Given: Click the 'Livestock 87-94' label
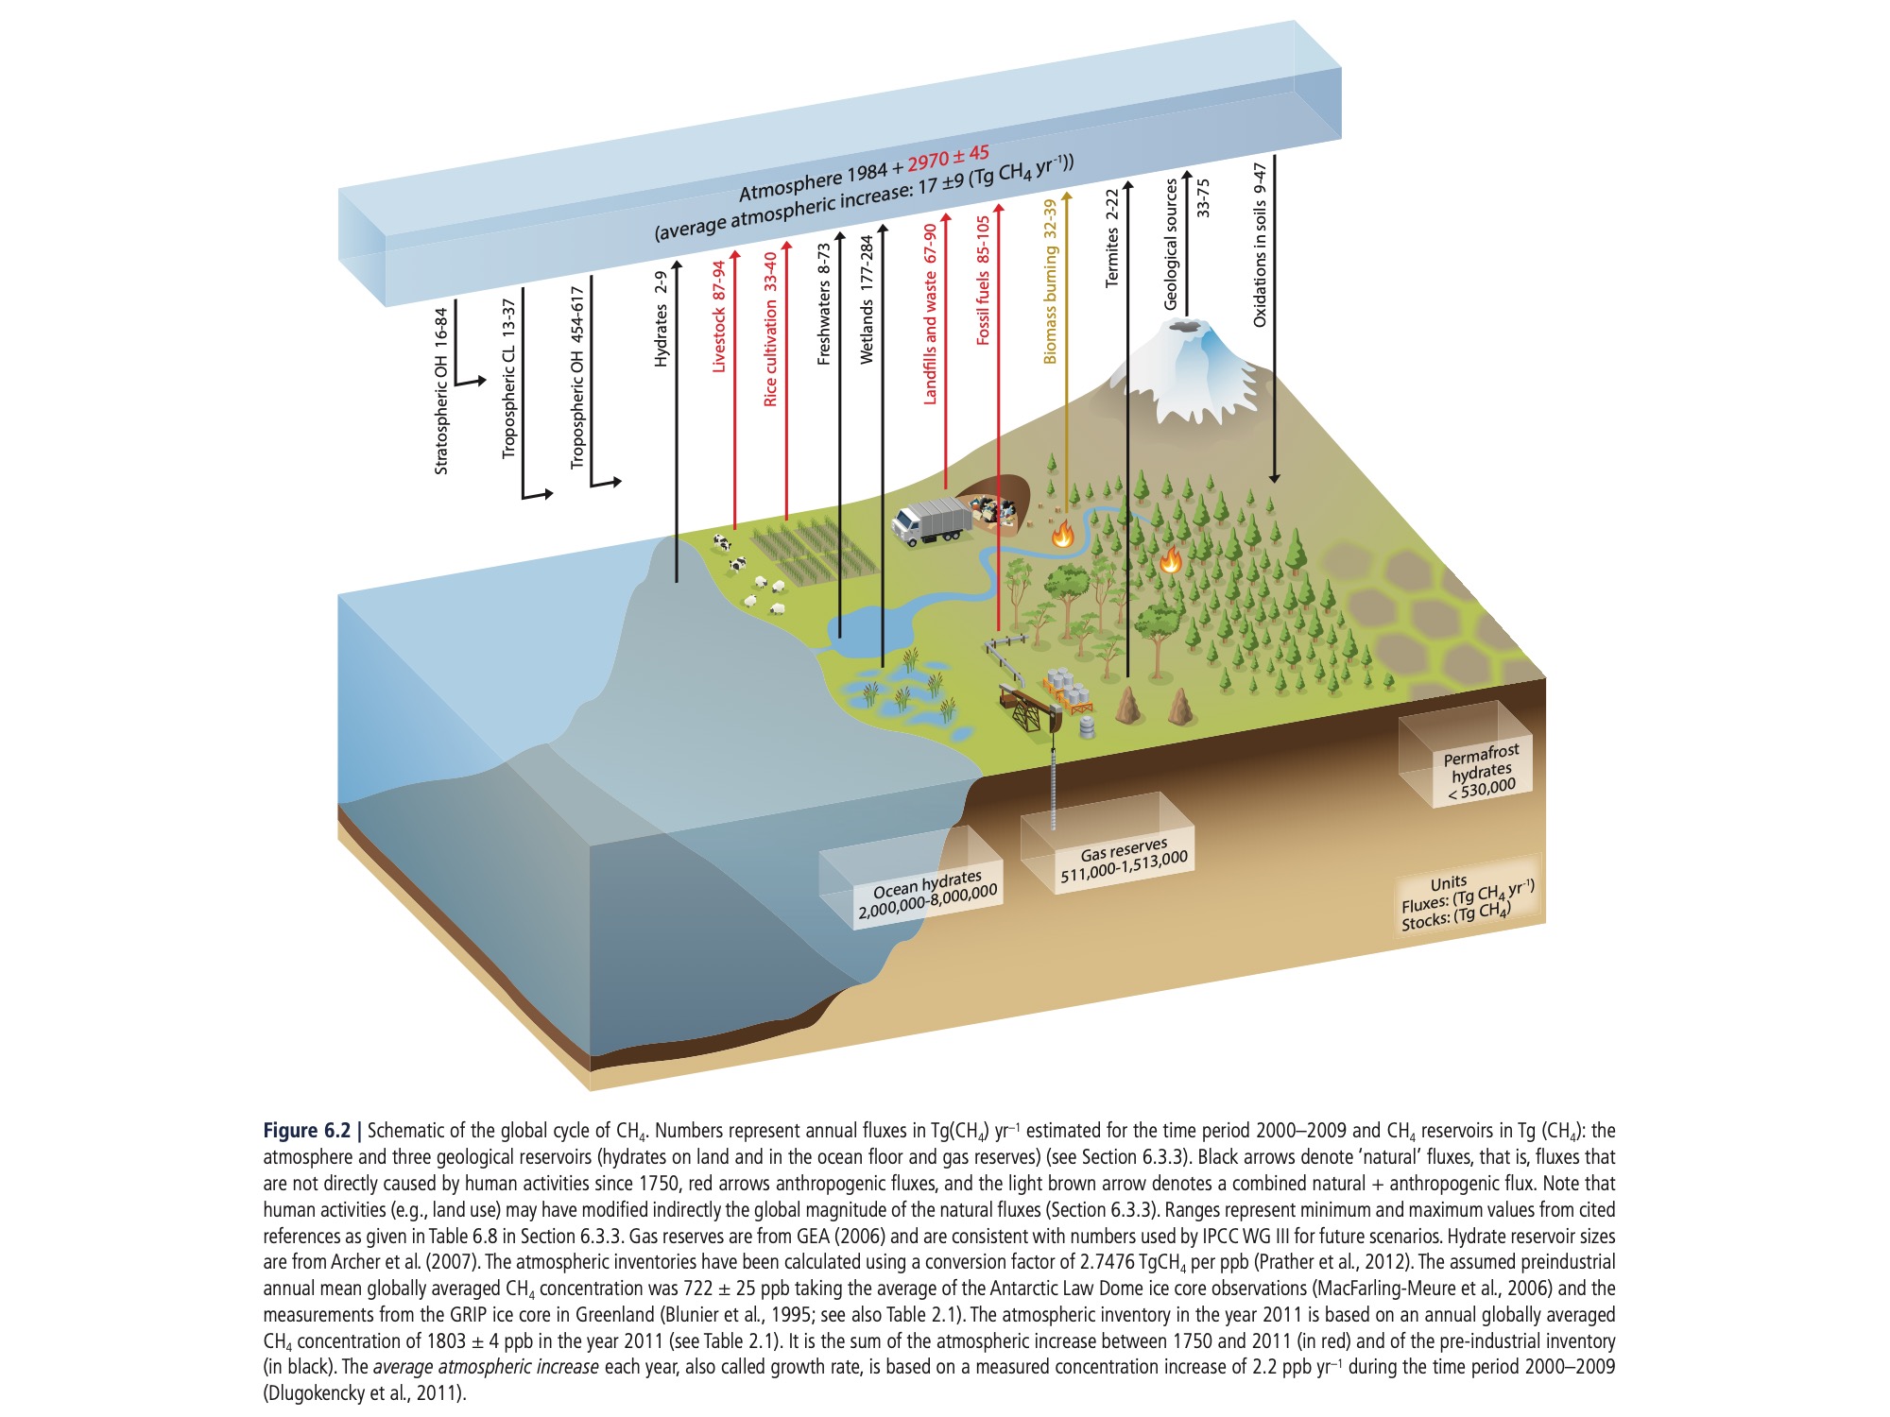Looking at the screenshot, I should [719, 316].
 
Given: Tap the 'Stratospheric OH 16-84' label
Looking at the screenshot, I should [441, 391].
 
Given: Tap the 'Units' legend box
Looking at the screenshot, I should [1468, 901].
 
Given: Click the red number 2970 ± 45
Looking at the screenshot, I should [948, 159].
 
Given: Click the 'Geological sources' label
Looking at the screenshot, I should [1171, 245].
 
